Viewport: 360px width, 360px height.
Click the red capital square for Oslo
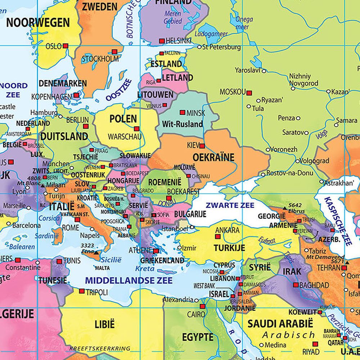(66, 46)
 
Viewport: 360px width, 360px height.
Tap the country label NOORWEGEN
(38, 23)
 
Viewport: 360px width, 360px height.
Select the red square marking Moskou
(249, 92)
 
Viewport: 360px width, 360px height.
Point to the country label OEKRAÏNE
(213, 157)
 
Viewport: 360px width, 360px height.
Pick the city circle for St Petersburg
(199, 47)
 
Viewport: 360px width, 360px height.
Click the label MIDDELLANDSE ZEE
(129, 280)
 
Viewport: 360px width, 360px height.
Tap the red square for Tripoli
(82, 291)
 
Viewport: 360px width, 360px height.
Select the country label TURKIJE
(229, 248)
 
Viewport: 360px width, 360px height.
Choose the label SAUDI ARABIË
(280, 323)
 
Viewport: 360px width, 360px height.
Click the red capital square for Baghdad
(296, 285)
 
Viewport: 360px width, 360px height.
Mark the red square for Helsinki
(162, 41)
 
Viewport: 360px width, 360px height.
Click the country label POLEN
(123, 119)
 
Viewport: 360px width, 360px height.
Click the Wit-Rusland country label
(183, 124)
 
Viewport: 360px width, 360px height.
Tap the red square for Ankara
(217, 237)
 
